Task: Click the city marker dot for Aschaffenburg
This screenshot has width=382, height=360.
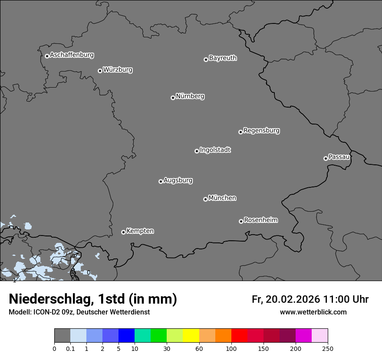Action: pos(47,56)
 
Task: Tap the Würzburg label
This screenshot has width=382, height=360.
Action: pos(118,70)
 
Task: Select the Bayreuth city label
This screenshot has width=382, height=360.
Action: pos(223,58)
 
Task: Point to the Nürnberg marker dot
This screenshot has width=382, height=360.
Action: pos(173,98)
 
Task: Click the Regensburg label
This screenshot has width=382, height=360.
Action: pos(261,131)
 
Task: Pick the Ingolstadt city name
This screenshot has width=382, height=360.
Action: pos(215,150)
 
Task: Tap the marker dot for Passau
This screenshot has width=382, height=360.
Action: pos(326,158)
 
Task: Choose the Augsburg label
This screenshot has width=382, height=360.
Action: pos(178,180)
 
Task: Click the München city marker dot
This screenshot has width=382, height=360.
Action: pos(205,199)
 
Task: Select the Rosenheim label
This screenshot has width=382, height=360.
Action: pos(260,220)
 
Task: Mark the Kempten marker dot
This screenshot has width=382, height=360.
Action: pos(123,232)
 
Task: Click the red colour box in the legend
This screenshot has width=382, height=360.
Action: pos(239,336)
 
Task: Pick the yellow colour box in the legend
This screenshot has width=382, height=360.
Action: pos(191,336)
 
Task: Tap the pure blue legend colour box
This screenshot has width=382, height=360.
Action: pos(127,336)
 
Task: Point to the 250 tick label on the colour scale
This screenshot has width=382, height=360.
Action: pos(328,348)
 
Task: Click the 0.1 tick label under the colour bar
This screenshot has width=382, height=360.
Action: pos(70,348)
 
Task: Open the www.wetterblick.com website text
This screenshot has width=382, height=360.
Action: pos(313,312)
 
